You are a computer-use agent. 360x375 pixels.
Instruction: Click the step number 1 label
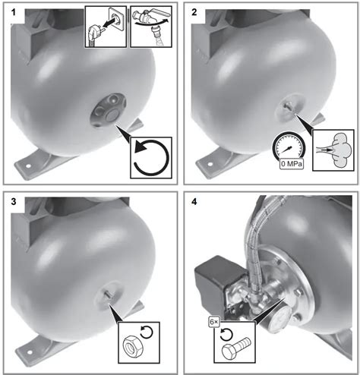click(14, 12)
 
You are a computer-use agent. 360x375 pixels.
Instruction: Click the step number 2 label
click(194, 12)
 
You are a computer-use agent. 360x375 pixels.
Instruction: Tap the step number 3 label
click(14, 202)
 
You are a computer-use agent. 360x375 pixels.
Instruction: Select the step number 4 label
click(194, 202)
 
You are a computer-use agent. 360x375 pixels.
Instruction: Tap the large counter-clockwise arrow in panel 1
click(151, 157)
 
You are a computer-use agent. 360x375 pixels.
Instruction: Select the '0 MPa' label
click(292, 164)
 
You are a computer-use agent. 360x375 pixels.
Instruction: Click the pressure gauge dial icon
click(289, 146)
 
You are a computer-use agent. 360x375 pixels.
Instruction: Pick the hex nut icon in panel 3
click(133, 346)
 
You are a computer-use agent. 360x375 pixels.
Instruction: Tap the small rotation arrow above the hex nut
click(147, 332)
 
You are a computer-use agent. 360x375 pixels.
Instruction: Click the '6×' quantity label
click(214, 322)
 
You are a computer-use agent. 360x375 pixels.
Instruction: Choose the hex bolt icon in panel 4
click(236, 348)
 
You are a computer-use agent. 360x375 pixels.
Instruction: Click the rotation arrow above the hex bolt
click(226, 335)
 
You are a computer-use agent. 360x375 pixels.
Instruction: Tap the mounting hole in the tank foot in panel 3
click(30, 352)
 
